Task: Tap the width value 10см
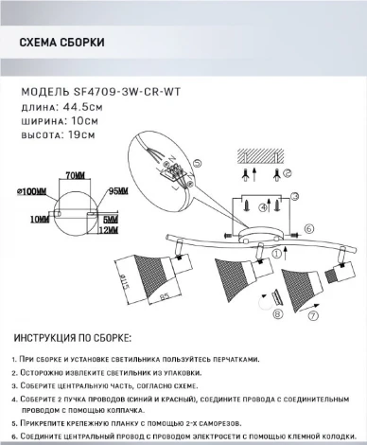tap(79, 121)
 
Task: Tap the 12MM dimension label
tap(111, 228)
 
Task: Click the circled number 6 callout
tap(309, 228)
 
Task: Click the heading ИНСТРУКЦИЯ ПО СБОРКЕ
tap(75, 339)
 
